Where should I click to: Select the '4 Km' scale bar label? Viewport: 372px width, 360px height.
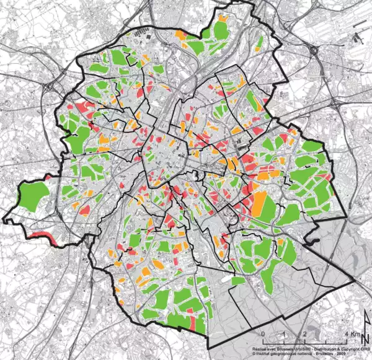click(334, 335)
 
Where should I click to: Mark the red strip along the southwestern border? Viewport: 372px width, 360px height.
click(42, 236)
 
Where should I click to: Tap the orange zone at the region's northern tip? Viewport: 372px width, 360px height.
click(180, 35)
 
